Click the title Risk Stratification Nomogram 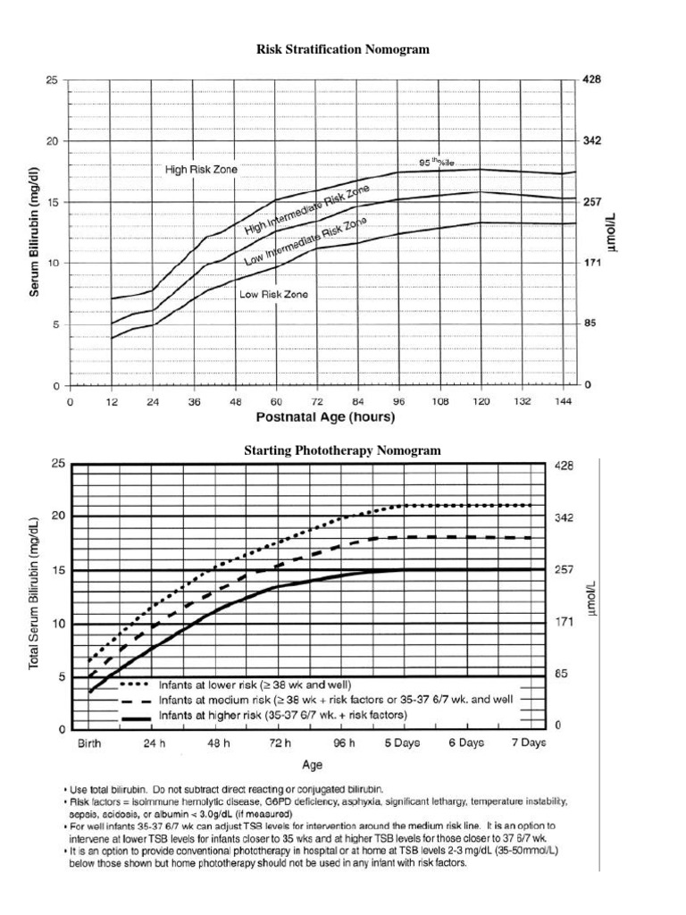(x=343, y=50)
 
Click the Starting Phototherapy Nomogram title (x=343, y=450)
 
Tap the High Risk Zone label (x=201, y=169)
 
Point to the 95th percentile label (x=438, y=163)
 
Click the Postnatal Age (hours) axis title (x=325, y=417)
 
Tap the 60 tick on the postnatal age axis (x=277, y=402)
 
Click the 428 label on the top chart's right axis (x=592, y=80)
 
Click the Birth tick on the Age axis (x=89, y=743)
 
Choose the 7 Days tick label (x=528, y=743)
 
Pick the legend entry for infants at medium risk (x=335, y=700)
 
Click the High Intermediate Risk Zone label (x=306, y=212)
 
